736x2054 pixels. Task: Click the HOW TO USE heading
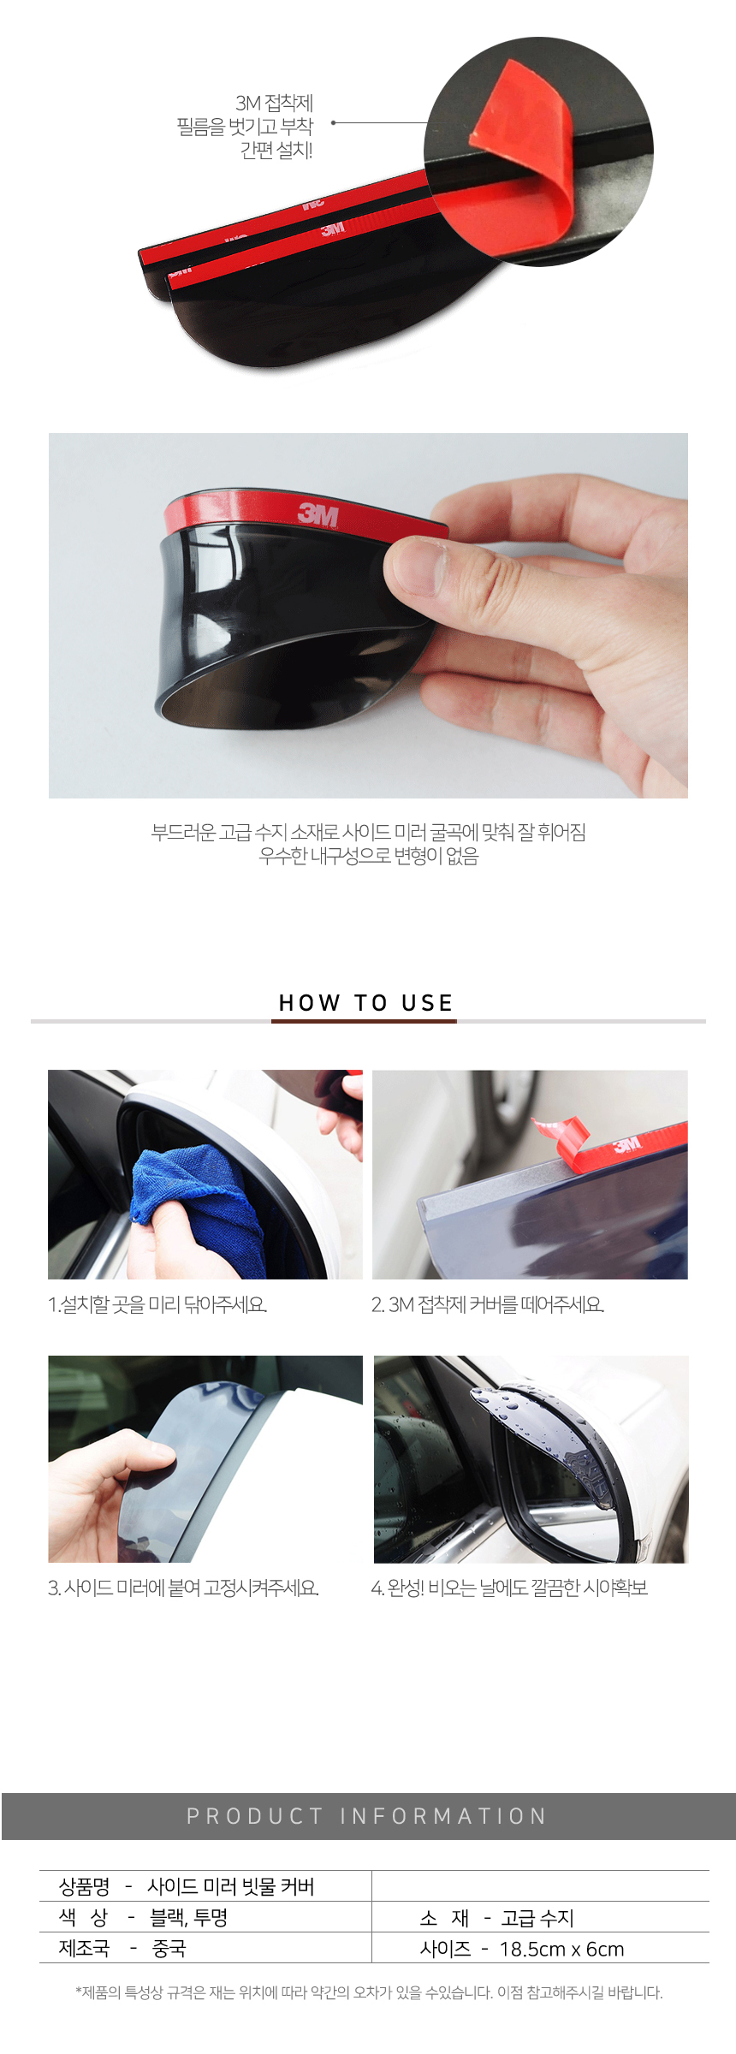[x=366, y=1002]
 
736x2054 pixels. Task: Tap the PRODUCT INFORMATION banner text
[x=366, y=1815]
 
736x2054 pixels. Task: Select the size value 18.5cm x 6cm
[x=561, y=1949]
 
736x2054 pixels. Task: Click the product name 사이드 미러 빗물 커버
[x=231, y=1886]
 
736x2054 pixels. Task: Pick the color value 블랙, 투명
[x=188, y=1918]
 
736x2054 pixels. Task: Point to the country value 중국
[x=169, y=1949]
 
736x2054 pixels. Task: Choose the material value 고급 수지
[x=537, y=1918]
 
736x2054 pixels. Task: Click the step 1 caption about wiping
[x=157, y=1304]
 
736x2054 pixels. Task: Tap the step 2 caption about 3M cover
[x=488, y=1304]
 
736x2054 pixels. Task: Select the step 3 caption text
[x=183, y=1588]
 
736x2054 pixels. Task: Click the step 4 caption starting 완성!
[x=509, y=1588]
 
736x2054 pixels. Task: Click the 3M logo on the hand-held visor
[x=318, y=515]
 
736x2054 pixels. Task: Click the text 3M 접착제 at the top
[x=274, y=103]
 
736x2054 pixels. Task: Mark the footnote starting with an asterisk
[x=369, y=1992]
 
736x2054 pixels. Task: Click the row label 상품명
[x=84, y=1886]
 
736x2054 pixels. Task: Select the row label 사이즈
[x=445, y=1949]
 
